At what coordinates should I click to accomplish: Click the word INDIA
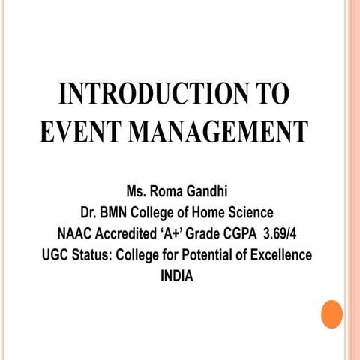coord(177,275)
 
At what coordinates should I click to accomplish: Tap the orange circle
coord(331,314)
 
